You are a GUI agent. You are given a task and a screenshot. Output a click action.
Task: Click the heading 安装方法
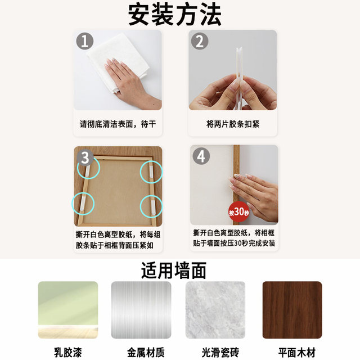pos(174,15)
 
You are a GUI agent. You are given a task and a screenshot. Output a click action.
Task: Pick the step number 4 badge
pos(201,156)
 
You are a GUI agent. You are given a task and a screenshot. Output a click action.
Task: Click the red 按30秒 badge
pos(238,212)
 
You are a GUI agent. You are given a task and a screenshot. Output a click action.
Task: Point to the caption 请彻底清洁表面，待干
pos(118,124)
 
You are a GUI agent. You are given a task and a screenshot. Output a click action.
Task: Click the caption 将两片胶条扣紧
pos(233,124)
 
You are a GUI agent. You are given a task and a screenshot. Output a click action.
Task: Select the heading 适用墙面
pos(174,271)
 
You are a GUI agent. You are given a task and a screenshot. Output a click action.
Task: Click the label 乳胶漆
pos(67,352)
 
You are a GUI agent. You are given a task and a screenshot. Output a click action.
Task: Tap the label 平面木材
pos(292,352)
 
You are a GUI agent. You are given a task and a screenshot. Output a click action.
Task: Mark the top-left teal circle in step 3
pos(87,168)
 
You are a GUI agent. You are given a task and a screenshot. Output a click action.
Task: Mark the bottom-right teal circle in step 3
pos(151,205)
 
